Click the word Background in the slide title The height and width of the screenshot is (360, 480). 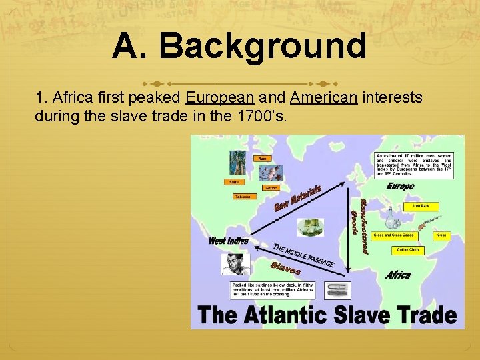263,47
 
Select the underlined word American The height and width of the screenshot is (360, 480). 324,98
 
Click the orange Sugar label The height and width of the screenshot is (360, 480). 234,181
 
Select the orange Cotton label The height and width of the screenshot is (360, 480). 271,188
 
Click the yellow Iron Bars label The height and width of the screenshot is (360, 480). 421,207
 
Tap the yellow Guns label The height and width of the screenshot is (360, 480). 441,235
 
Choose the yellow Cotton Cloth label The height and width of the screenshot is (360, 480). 407,251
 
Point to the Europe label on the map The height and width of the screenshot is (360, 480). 400,187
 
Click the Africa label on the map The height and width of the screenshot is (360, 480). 398,275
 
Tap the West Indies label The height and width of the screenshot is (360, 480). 228,241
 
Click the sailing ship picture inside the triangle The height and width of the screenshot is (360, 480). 310,227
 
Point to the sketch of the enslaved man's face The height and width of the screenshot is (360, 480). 235,264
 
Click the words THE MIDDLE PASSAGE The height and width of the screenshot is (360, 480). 303,254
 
